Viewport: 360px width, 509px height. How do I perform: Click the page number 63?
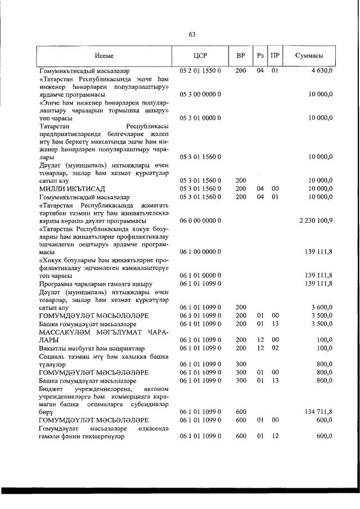point(191,35)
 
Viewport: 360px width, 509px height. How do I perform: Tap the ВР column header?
point(241,56)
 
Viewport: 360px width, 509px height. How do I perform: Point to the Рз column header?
point(260,56)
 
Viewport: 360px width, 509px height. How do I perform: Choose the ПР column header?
point(274,56)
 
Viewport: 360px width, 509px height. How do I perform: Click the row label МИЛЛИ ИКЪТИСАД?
point(70,188)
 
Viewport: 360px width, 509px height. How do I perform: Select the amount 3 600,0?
point(321,308)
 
